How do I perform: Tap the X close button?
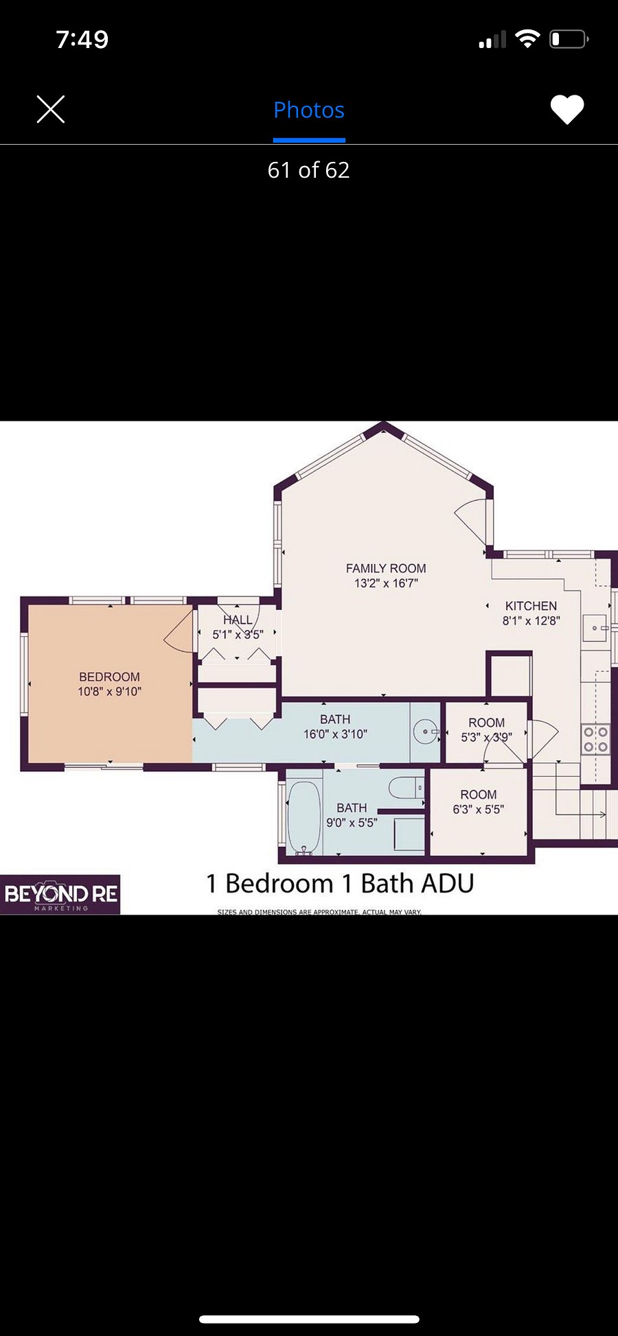coord(51,109)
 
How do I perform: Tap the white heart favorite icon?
coord(567,109)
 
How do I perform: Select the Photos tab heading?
coord(309,110)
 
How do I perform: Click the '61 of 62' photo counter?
coord(309,169)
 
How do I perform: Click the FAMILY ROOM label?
coord(386,568)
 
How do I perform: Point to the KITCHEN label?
coord(531,606)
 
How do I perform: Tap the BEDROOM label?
coord(109,677)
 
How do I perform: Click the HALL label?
coord(238,620)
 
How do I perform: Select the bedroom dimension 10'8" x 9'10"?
coord(109,692)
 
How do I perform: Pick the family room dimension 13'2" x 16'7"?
coord(386,583)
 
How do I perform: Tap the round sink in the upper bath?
coord(426,731)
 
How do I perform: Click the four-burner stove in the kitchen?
coord(595,740)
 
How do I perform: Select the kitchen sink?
coord(595,627)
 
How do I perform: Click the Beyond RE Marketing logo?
coord(60,894)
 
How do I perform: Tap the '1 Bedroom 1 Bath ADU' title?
coord(340,883)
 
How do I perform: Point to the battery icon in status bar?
coord(569,39)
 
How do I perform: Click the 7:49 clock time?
coord(82,39)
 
